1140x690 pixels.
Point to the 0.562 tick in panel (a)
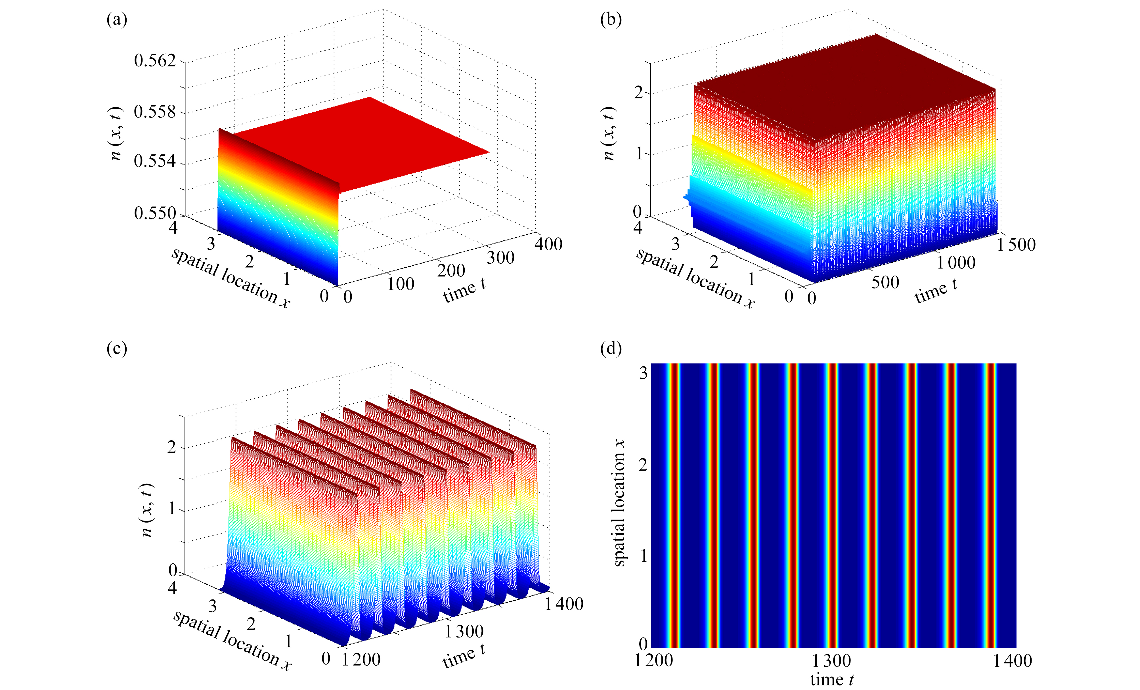[155, 60]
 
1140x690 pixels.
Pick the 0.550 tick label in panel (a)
[155, 213]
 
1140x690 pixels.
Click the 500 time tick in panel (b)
[885, 282]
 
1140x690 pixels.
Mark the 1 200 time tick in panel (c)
[361, 659]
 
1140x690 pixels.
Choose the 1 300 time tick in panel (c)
[464, 631]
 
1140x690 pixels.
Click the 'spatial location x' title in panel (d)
[619, 503]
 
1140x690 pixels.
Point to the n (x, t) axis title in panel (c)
[147, 510]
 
